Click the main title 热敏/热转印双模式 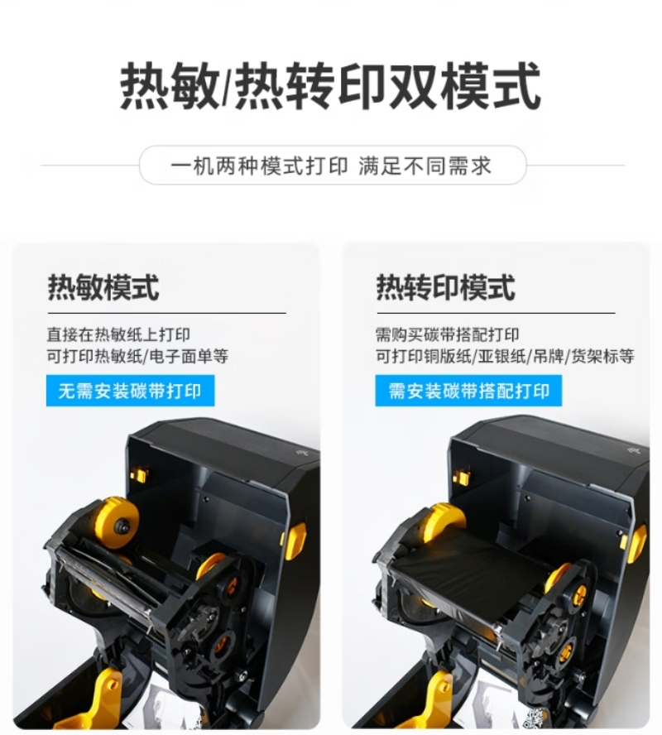coord(331,88)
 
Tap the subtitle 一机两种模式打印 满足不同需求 coord(331,166)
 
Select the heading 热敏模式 coord(103,287)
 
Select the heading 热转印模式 coord(446,287)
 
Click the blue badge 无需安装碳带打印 coord(130,391)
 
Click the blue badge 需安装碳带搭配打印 coord(468,391)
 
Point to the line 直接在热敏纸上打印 coord(118,334)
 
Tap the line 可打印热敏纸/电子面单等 coord(137,356)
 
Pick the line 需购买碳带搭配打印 coord(448,334)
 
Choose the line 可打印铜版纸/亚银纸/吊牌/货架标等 coord(505,356)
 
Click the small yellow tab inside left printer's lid coord(138,475)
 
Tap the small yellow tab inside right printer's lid coord(462,476)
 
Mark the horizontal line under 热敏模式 coord(167,313)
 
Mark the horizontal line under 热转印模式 coord(496,313)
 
